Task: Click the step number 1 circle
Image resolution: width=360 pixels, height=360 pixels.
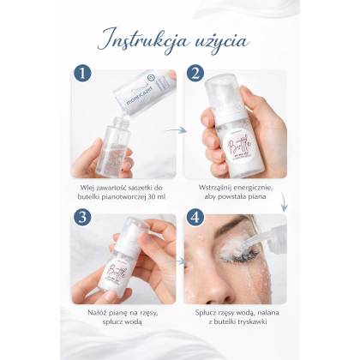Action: tap(82, 75)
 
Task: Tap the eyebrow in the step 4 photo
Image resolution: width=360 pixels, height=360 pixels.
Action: tap(225, 225)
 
